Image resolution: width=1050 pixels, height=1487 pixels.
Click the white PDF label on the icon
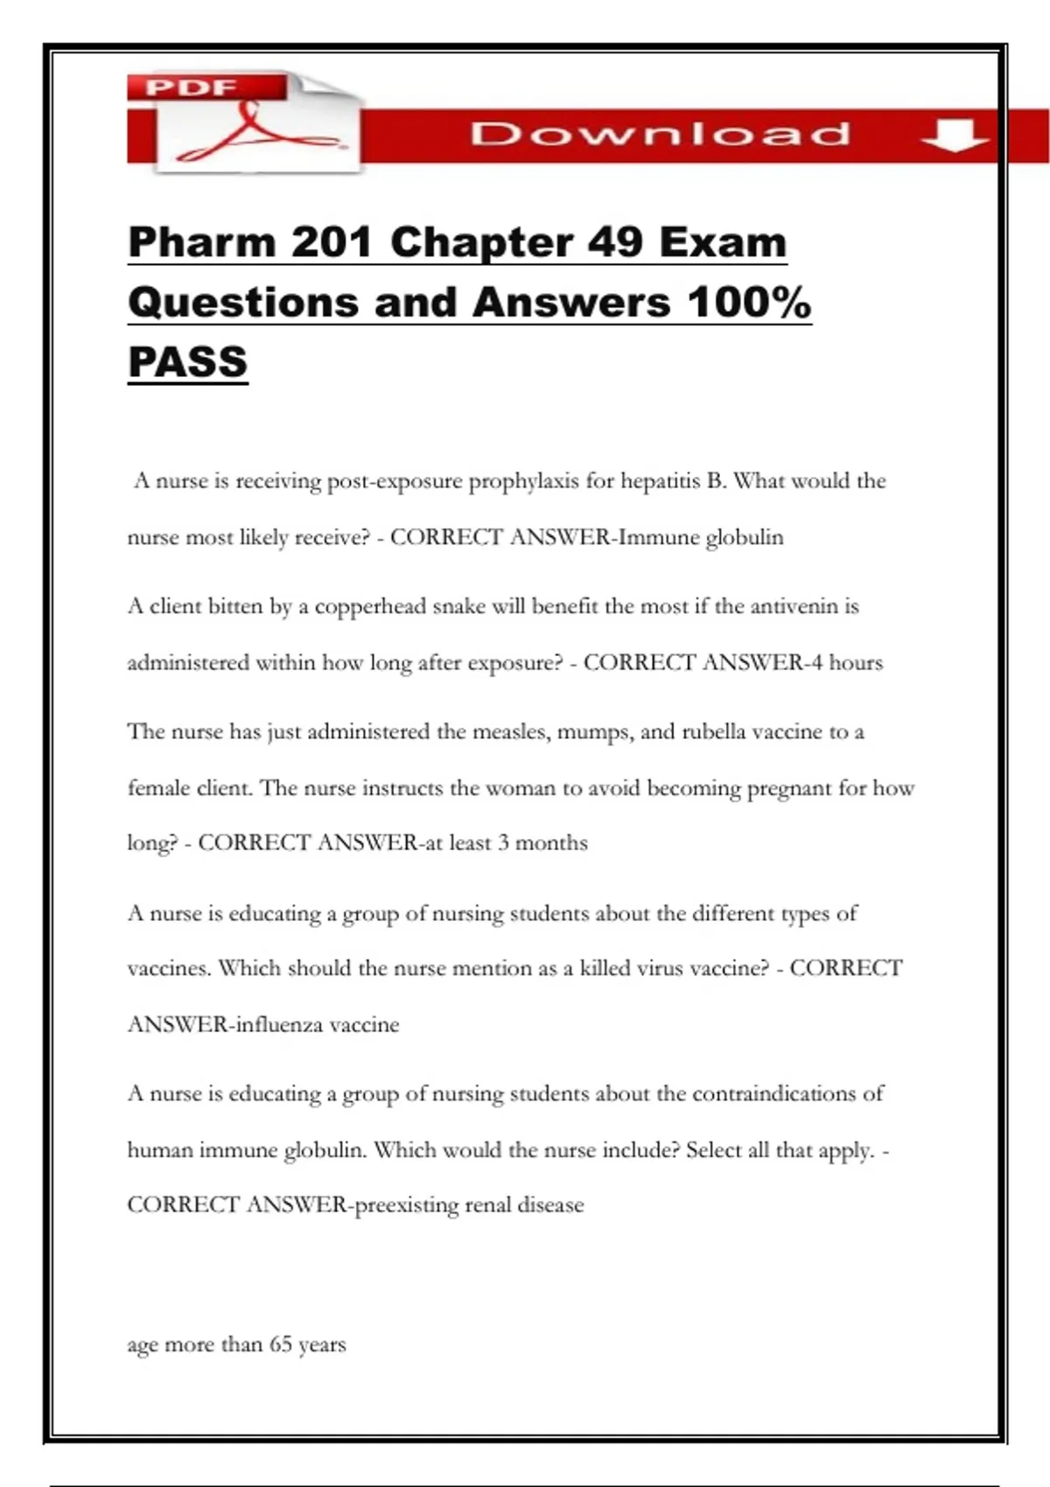(x=192, y=87)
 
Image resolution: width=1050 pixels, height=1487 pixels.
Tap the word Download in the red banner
(x=661, y=134)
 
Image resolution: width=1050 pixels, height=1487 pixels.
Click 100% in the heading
(x=749, y=303)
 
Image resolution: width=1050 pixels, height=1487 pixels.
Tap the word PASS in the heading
(x=188, y=362)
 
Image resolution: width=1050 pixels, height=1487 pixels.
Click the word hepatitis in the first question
(x=661, y=481)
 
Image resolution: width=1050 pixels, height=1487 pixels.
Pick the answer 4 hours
(x=846, y=662)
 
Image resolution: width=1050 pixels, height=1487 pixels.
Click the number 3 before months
(x=503, y=843)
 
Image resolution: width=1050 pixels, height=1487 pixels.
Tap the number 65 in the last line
(x=281, y=1344)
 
